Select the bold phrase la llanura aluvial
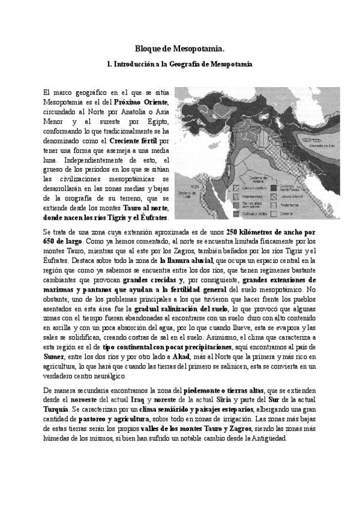point(186,261)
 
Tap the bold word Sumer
point(55,348)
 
